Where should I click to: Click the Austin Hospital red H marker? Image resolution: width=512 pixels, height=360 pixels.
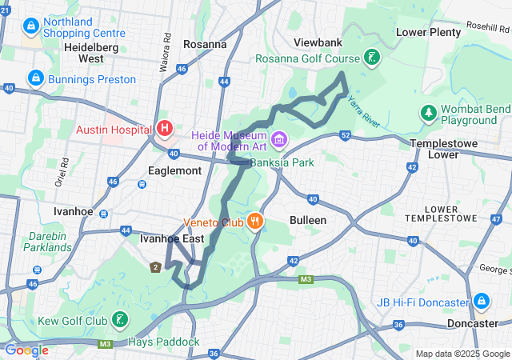[x=165, y=128]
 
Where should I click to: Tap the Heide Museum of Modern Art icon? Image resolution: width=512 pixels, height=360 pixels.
[x=279, y=140]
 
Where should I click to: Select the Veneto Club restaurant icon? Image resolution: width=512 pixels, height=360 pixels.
[x=254, y=222]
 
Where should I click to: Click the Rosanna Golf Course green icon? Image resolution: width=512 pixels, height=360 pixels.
[x=371, y=58]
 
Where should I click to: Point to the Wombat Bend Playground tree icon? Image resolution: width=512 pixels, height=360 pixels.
[x=429, y=114]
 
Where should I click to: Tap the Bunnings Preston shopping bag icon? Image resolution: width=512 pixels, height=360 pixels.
[x=35, y=78]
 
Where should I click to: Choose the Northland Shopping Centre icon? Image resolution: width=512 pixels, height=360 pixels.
[x=30, y=26]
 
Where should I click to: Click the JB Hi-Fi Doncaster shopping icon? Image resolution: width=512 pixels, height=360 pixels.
[x=481, y=302]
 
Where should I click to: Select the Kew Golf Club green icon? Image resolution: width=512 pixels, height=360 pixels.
[x=119, y=321]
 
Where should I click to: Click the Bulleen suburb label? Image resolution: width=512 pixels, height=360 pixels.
[x=307, y=220]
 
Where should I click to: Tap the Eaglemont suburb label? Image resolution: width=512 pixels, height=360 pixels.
[x=174, y=170]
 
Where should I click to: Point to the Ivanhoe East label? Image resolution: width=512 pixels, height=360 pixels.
[x=171, y=238]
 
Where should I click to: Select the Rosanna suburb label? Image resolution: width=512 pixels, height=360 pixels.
[x=205, y=44]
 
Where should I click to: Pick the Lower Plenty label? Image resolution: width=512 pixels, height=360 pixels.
[x=429, y=32]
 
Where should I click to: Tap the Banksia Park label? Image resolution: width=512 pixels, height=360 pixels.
[x=282, y=162]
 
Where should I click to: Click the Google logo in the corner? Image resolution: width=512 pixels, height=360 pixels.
[x=26, y=350]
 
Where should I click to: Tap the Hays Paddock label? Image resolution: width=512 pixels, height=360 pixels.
[x=164, y=342]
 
